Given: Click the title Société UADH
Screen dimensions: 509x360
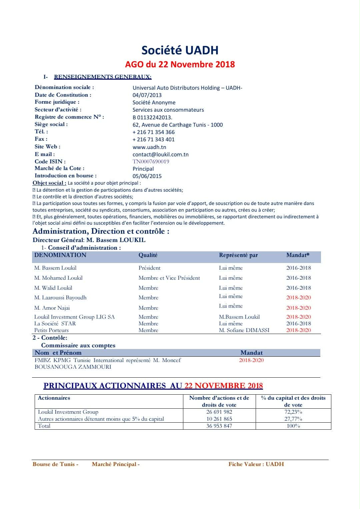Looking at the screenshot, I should [180, 50].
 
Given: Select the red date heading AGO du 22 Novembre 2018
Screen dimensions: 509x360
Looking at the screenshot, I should [180, 64].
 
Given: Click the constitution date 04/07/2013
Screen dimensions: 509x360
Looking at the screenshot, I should [147, 95].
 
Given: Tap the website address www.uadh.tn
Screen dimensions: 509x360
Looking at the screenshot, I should [149, 147].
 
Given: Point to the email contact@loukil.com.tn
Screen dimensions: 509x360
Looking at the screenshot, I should [161, 154].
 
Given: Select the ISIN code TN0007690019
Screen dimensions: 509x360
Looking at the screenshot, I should [151, 161].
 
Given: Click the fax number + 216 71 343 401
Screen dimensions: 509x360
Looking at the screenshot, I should [153, 139].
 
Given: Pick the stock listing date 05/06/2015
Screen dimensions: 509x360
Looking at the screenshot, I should [147, 176].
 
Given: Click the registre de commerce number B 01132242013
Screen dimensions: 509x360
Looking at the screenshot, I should [152, 117].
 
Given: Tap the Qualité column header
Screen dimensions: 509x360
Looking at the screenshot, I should [148, 255].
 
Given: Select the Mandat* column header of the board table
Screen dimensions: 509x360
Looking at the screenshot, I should [298, 255].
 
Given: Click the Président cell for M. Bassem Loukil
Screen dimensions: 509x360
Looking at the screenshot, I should [149, 268].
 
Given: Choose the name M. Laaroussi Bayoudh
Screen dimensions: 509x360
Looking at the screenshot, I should [60, 298].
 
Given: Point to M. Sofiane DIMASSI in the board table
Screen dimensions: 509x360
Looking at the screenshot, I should [244, 330].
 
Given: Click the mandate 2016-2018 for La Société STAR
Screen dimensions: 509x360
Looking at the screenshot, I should [298, 324].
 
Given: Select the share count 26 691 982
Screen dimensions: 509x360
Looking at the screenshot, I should [219, 412].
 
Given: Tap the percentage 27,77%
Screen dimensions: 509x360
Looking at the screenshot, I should [293, 419].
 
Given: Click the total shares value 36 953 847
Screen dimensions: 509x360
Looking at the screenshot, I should [219, 426].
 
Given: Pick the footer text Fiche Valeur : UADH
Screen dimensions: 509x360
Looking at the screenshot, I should [256, 464].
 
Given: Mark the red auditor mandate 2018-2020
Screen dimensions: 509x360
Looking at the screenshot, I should [251, 360].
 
